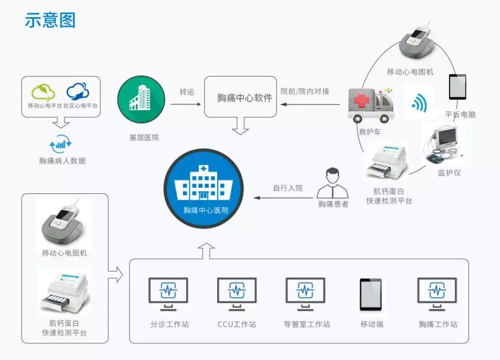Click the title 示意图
(50, 21)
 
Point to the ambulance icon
(371, 105)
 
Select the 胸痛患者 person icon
(333, 183)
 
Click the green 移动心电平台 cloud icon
(44, 92)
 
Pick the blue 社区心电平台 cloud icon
(78, 92)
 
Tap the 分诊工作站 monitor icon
(168, 293)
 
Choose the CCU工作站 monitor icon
(237, 293)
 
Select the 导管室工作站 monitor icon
(305, 293)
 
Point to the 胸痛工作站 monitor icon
(437, 293)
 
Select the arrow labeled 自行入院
(283, 198)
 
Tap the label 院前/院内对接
(305, 92)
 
